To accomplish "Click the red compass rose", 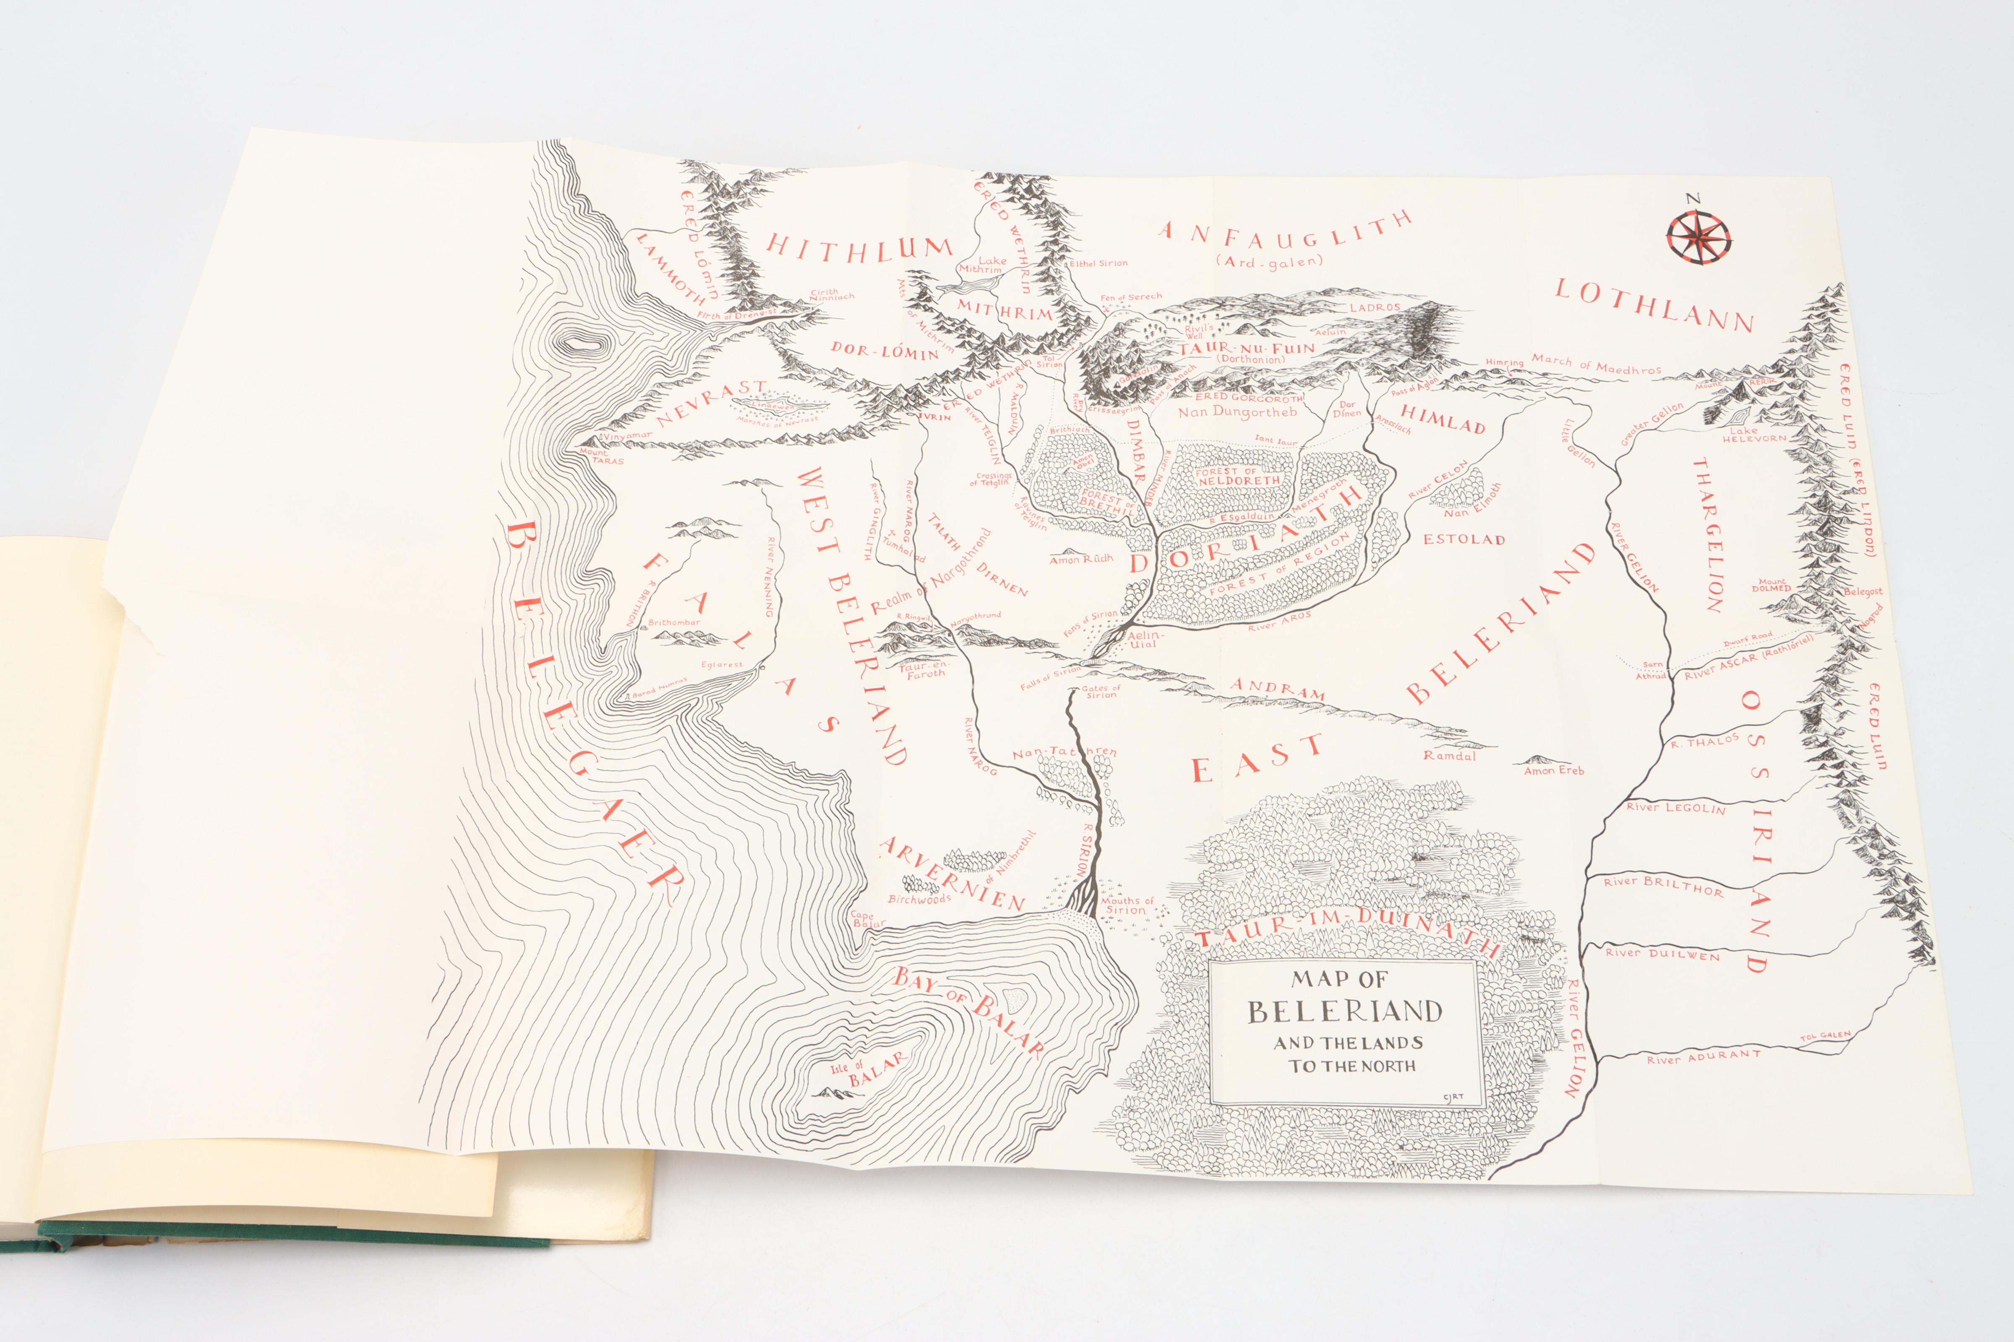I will coord(1698,237).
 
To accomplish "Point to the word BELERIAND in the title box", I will coord(1344,1012).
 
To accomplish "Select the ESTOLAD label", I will coord(1464,540).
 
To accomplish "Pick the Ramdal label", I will coord(1450,756).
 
